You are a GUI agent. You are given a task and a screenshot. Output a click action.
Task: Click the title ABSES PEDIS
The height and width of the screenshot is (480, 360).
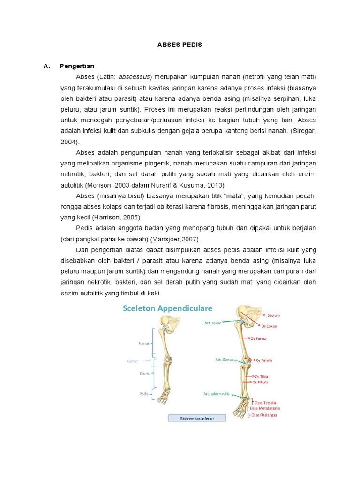180,45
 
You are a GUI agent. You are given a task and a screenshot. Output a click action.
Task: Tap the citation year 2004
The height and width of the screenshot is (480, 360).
69,141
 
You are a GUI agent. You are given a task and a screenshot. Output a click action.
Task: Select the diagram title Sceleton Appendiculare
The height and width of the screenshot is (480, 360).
167,308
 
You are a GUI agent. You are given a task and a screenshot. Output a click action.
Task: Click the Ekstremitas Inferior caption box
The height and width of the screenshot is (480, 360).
197,418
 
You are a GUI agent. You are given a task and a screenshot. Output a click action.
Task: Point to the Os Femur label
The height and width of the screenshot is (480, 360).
262,338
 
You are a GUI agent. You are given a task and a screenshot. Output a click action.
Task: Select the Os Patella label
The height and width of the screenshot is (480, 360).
264,360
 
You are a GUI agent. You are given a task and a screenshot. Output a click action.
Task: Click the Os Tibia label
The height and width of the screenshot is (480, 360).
261,376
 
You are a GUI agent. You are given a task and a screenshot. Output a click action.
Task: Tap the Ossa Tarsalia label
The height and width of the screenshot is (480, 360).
265,402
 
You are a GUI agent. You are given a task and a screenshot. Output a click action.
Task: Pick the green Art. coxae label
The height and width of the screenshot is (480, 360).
212,322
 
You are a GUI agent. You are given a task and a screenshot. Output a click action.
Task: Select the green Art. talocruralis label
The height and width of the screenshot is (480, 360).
216,394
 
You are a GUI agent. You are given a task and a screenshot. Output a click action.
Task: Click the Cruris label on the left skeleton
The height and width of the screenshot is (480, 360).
144,374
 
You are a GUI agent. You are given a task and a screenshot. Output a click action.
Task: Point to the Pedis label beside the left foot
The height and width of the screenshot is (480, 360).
144,394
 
